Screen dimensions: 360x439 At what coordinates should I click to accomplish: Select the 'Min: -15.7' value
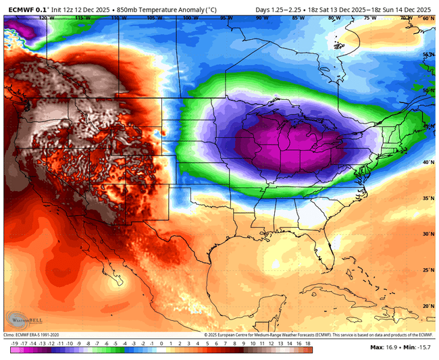point(417,347)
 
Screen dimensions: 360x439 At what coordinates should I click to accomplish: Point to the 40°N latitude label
point(428,162)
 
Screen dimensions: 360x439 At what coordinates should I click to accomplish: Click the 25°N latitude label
point(428,269)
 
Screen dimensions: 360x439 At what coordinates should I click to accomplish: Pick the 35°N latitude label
point(428,199)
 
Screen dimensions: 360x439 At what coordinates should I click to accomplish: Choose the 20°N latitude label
point(428,305)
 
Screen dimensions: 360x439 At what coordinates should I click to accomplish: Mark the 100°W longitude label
point(189,19)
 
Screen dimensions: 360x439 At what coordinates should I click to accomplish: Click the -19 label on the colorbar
point(15,343)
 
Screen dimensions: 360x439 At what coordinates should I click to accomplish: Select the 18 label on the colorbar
point(308,343)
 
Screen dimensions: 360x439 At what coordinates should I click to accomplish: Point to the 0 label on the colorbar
point(161,343)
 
